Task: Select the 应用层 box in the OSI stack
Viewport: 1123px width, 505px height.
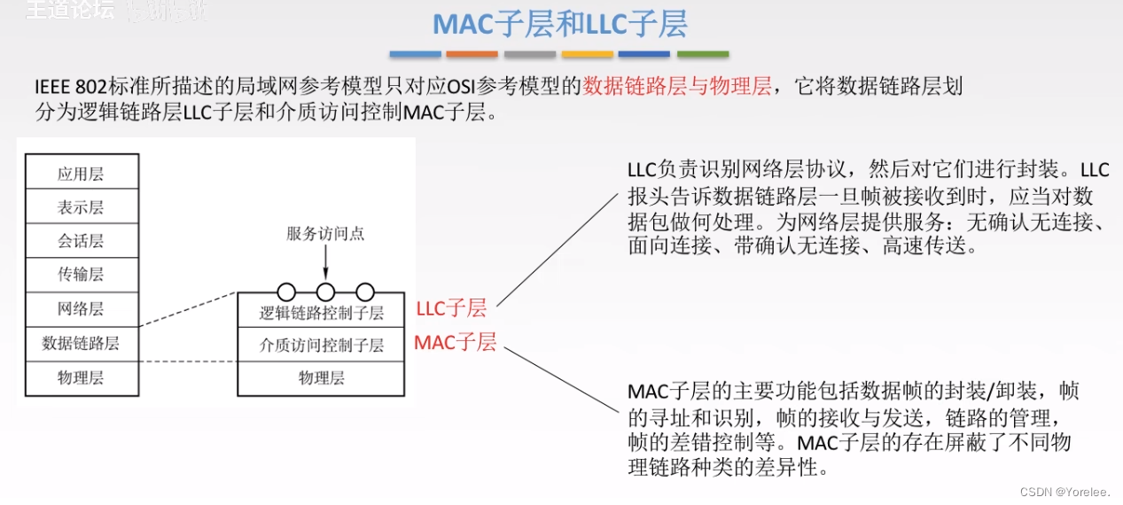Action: click(82, 173)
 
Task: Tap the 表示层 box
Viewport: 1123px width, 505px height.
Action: click(82, 207)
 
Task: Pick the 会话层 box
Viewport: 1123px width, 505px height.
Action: click(82, 241)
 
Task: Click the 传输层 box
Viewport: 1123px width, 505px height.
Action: click(82, 275)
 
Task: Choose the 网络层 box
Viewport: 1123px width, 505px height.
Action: click(82, 309)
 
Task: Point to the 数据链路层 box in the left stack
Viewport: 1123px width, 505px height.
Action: click(82, 344)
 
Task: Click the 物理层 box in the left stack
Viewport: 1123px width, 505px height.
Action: click(82, 378)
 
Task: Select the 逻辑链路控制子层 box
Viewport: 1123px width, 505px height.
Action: click(322, 313)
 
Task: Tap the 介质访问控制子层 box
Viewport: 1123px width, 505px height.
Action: click(322, 346)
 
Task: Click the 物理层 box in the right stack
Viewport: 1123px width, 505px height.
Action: click(322, 378)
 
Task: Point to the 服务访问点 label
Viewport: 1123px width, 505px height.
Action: click(325, 234)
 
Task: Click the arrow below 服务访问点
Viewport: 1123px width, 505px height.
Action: click(325, 262)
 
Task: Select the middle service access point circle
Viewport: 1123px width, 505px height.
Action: click(325, 291)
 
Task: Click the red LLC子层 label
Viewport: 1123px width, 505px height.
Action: click(451, 308)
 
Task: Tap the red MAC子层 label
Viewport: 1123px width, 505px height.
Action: click(455, 342)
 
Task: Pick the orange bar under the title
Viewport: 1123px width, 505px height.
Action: click(472, 54)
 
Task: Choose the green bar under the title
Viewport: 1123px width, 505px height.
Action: click(702, 54)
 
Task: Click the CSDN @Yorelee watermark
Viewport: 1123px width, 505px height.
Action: click(1064, 490)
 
